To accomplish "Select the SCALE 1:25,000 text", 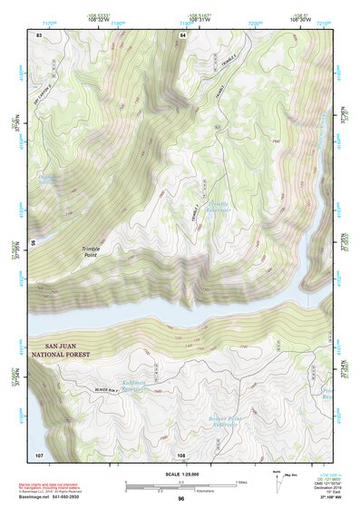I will (x=180, y=474).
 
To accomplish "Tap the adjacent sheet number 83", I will (x=39, y=34).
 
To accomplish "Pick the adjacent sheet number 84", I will (x=181, y=34).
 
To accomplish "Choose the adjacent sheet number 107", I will (x=39, y=453).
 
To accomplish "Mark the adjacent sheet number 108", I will (x=181, y=453).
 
